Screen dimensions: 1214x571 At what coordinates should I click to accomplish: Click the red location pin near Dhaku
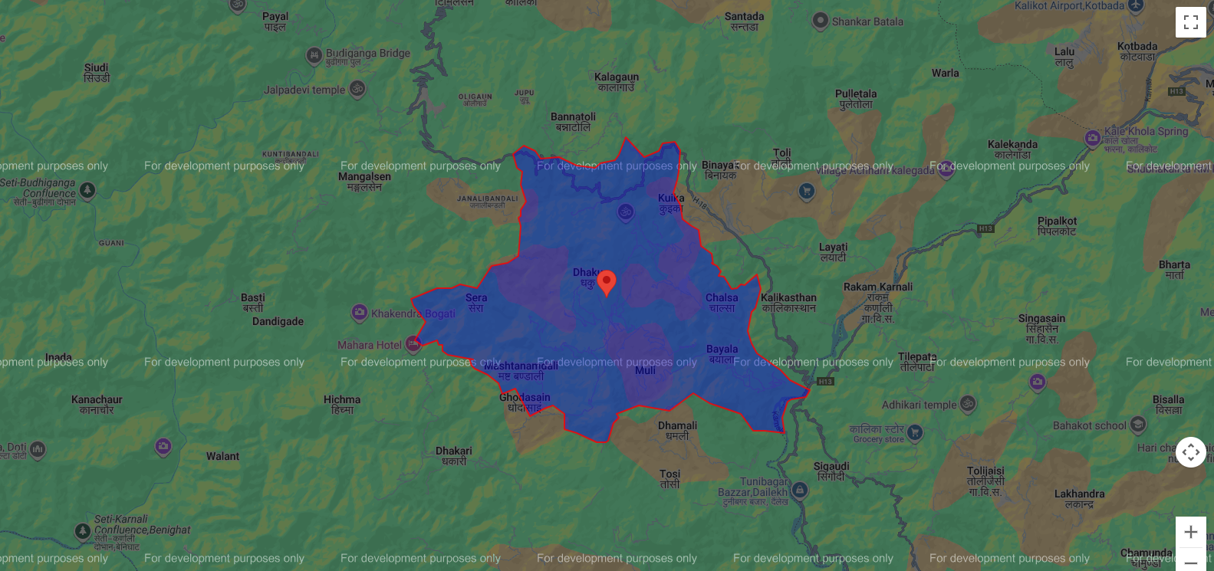607,282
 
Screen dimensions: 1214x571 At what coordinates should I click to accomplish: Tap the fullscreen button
1190,22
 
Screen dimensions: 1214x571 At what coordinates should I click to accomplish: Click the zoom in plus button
1190,532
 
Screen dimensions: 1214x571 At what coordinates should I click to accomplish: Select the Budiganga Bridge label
367,54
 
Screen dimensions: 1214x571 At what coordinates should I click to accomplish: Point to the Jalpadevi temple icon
357,89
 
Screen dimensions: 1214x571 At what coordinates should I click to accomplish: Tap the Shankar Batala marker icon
821,21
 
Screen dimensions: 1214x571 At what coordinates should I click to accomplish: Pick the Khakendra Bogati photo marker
360,313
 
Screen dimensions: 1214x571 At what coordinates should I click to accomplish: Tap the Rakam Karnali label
878,287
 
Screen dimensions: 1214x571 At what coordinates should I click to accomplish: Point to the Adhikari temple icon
968,403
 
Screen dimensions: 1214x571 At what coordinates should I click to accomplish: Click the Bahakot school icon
1138,425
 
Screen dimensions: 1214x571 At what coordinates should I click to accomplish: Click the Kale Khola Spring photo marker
1093,139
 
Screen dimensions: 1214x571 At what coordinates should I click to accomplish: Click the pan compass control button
1190,452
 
